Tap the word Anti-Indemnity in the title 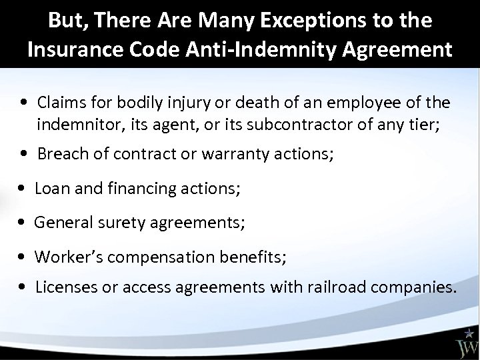coord(265,51)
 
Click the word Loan coord(50,189)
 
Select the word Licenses coord(64,287)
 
